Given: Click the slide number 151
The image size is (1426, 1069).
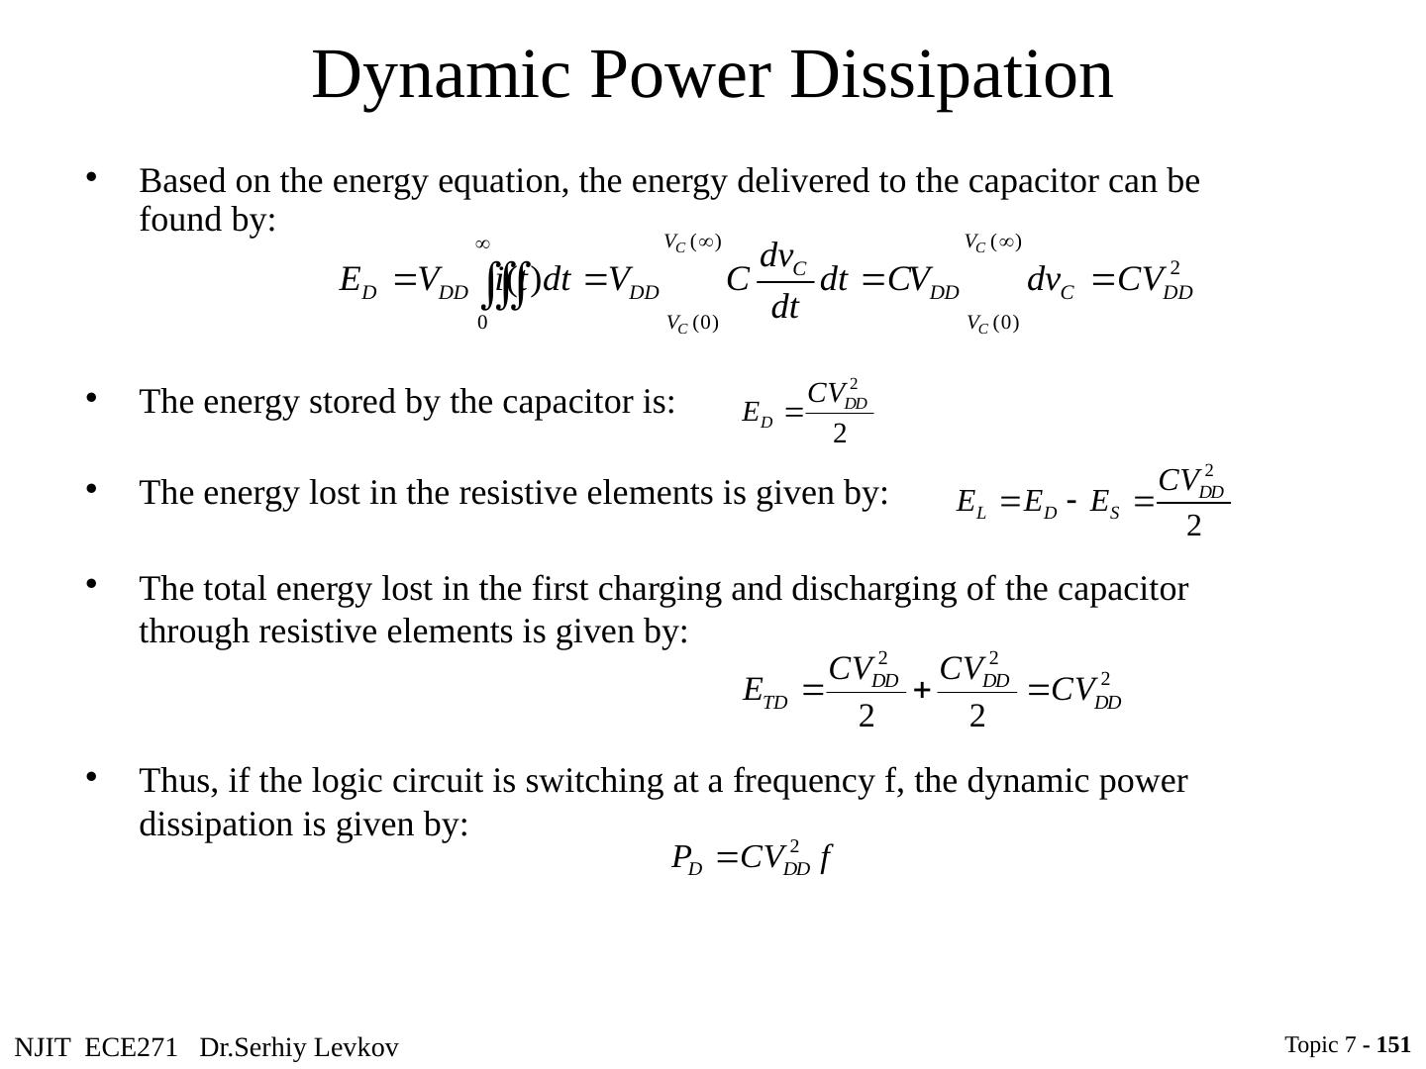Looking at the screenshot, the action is point(1393,1044).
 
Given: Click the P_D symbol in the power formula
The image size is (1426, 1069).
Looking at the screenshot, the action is point(686,857).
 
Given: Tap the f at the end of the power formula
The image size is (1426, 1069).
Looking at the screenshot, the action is point(824,857).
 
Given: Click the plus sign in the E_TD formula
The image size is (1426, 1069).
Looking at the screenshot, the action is point(920,691).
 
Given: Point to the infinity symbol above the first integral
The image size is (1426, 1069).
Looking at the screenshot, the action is point(483,243).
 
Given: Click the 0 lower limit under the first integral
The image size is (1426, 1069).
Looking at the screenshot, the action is point(482,323).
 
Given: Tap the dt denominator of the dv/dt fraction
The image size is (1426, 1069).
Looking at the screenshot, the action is point(784,308).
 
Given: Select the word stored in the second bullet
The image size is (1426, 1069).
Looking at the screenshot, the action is point(340,402).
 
